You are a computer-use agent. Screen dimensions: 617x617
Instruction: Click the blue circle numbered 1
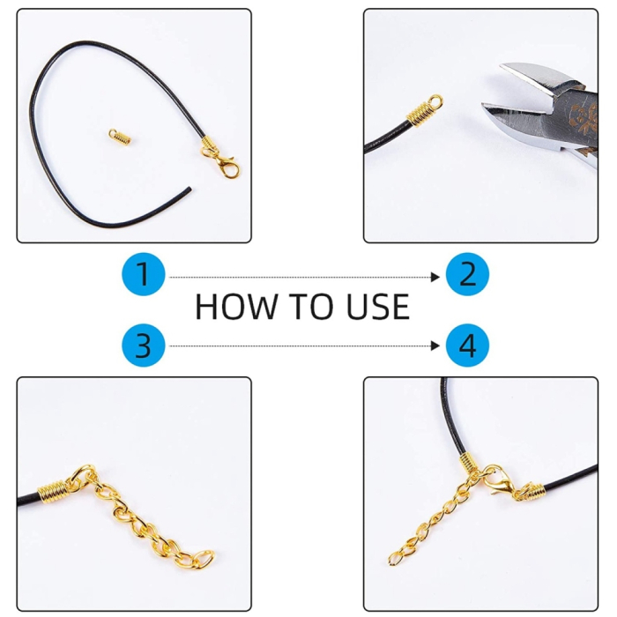143,274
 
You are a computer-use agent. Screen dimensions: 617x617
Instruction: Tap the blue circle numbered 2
467,274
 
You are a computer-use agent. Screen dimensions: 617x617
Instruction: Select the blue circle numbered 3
143,346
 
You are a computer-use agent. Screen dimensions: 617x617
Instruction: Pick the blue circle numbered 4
467,346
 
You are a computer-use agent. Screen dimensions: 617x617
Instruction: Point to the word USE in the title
378,307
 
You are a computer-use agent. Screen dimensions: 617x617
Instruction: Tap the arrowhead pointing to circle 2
435,277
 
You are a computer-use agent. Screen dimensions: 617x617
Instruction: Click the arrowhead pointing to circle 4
435,346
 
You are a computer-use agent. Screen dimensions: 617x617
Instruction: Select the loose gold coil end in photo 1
120,137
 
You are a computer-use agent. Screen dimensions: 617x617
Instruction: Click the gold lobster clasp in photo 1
223,162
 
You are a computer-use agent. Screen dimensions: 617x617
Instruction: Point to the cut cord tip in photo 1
190,190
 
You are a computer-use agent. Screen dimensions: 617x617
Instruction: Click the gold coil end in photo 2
424,110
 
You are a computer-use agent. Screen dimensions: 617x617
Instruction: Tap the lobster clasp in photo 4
499,481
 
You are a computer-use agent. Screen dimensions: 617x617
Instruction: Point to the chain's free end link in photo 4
394,558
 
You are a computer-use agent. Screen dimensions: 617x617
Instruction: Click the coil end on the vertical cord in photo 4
467,463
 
